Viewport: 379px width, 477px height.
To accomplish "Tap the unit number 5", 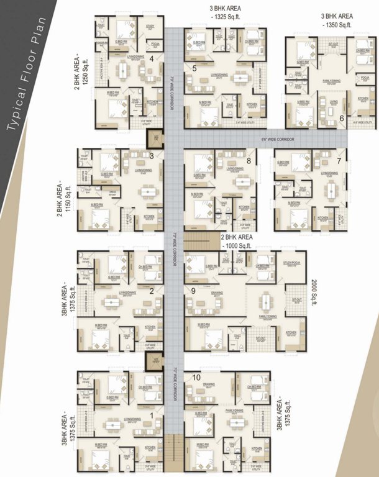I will [x=194, y=68].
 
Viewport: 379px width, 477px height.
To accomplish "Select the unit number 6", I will [x=341, y=117].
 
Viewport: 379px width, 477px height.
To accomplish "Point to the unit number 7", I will [x=339, y=161].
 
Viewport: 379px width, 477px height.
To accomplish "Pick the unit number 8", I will [x=249, y=160].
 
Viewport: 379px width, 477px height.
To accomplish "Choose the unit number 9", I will [x=193, y=290].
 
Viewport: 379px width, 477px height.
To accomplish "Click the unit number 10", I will [x=197, y=377].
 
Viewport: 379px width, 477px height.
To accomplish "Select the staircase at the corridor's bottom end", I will [x=175, y=452].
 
